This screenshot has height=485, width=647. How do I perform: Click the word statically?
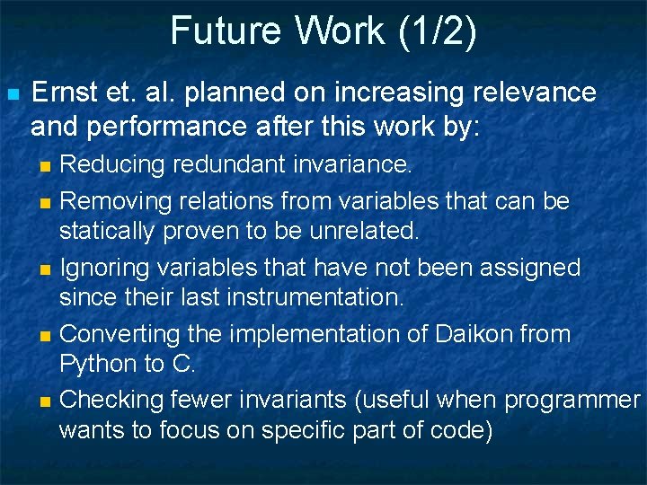(107, 231)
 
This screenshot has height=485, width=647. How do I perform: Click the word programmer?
(571, 401)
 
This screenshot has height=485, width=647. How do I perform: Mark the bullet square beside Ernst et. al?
(13, 93)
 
